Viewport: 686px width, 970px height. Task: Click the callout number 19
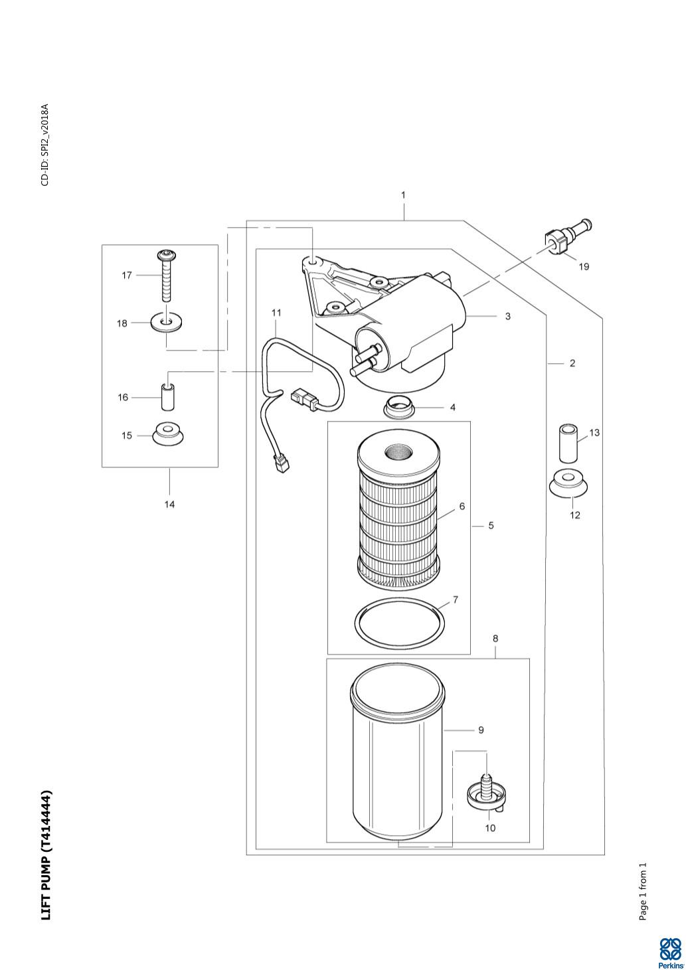tap(584, 266)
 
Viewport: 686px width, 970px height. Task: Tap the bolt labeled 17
tap(167, 276)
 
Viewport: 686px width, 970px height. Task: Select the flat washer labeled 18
tap(167, 323)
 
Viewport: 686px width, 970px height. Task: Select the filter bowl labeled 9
tap(398, 753)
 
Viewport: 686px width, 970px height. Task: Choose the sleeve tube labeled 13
tap(567, 444)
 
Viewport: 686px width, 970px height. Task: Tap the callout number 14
tap(169, 504)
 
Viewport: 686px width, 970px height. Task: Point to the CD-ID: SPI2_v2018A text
tap(45, 145)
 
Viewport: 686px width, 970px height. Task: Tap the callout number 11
tap(276, 313)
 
